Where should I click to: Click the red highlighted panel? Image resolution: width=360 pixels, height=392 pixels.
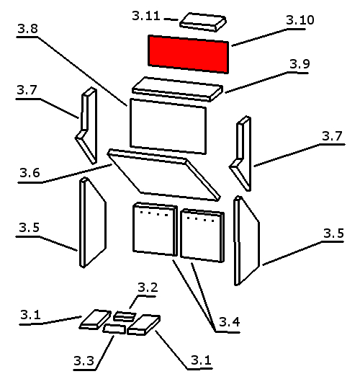[x=188, y=54]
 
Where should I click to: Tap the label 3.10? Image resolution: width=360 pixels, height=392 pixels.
[x=300, y=20]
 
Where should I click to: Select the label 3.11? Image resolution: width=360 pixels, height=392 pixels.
[x=146, y=16]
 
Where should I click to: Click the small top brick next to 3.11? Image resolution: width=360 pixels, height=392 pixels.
[x=203, y=22]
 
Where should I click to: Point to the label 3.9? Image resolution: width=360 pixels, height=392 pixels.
[x=300, y=64]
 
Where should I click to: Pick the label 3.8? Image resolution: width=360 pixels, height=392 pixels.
[x=28, y=29]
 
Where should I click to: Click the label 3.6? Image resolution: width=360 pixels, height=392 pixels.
[x=30, y=173]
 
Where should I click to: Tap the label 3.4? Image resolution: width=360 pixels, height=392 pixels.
[x=230, y=322]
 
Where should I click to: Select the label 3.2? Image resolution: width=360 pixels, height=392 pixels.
[x=148, y=288]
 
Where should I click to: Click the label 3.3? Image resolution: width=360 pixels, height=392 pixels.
[x=84, y=361]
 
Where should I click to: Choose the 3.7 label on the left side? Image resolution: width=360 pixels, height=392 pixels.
[x=27, y=90]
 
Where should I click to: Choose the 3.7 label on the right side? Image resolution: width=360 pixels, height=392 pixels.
[x=332, y=135]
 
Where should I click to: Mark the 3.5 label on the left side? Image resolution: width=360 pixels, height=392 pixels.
[x=29, y=228]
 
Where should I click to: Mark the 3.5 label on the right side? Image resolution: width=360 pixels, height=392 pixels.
[x=334, y=233]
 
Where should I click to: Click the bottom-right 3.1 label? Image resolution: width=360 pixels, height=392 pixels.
[x=201, y=360]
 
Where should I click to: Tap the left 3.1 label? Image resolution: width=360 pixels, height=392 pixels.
[x=30, y=314]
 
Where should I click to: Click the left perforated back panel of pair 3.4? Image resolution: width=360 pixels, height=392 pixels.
[x=155, y=229]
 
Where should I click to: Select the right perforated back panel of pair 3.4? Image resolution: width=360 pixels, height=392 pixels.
[x=202, y=236]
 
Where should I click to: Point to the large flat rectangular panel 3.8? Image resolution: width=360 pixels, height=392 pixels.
[x=168, y=126]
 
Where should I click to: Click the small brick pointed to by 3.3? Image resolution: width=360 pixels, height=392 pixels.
[x=114, y=329]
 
